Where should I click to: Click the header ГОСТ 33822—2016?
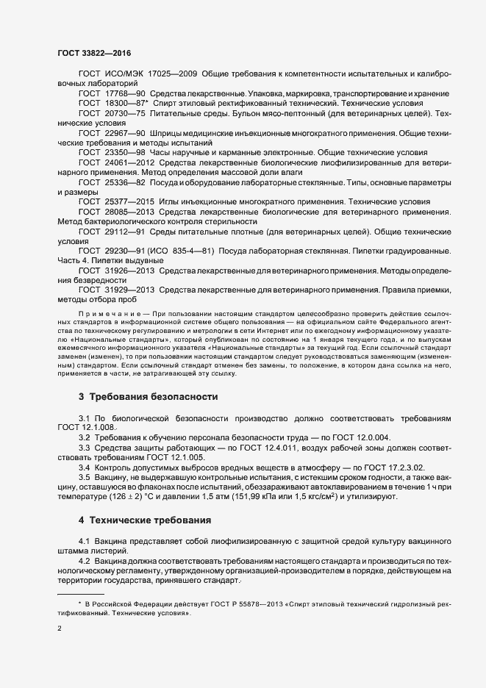94,53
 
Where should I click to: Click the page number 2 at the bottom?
60,630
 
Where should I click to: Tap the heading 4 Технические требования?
144,520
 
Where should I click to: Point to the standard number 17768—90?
125,94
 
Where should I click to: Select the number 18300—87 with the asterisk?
126,104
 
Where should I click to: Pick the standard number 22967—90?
125,133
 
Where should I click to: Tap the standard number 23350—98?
125,152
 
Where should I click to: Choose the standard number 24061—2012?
130,162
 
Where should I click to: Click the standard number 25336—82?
125,182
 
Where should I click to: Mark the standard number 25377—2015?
130,201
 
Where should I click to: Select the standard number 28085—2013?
130,211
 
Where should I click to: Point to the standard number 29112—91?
125,231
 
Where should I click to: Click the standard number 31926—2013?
130,270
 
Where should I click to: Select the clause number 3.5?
85,477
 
